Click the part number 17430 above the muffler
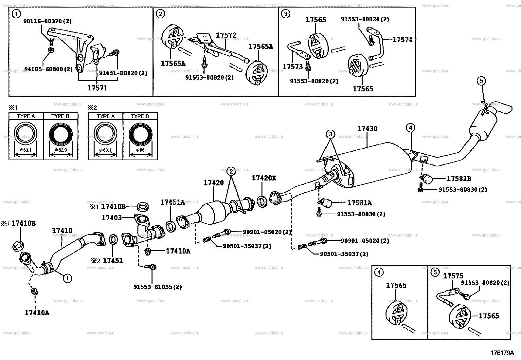(x=367, y=129)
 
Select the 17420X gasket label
(x=264, y=178)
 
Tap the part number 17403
(x=112, y=218)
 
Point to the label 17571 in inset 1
(x=97, y=88)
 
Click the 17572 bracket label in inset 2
(x=226, y=35)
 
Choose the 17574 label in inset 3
(x=402, y=40)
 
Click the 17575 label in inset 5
(x=453, y=276)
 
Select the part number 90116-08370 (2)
(x=47, y=21)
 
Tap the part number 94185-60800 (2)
(x=48, y=69)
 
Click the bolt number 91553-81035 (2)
(x=157, y=287)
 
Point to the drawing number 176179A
(x=502, y=353)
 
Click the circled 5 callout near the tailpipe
(x=481, y=81)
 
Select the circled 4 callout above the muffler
(x=410, y=127)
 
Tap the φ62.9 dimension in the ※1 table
(x=61, y=150)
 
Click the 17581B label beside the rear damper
(x=459, y=179)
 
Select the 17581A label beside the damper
(x=359, y=203)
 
